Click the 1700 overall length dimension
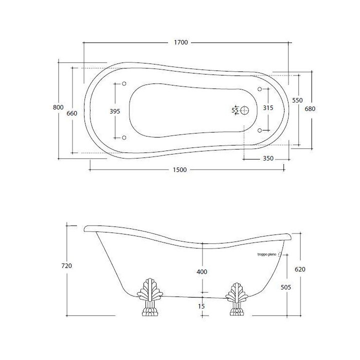point(181,42)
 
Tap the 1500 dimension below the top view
point(179,170)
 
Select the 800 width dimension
point(58,107)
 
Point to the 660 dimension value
point(72,113)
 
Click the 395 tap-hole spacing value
point(115,111)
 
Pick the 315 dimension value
point(268,107)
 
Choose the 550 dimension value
point(297,100)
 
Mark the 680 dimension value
point(310,109)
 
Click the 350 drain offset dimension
point(268,158)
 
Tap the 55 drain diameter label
point(235,110)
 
